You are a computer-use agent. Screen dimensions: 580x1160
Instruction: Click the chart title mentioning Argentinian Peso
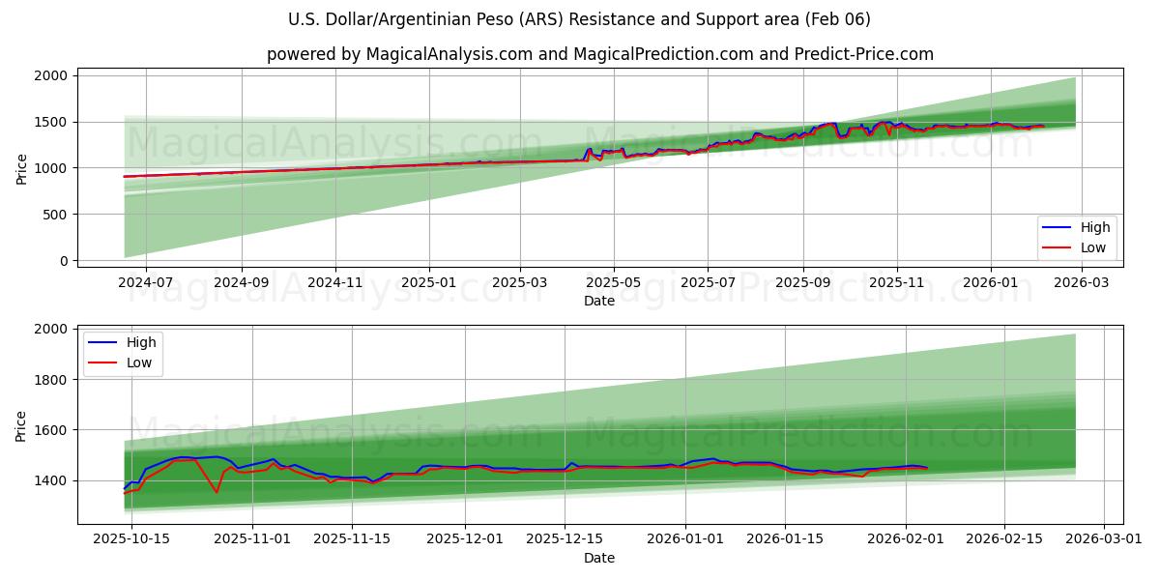[x=579, y=19]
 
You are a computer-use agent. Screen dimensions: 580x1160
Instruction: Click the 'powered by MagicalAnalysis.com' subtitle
[x=599, y=54]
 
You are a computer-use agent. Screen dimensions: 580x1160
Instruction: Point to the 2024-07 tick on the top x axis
[x=146, y=282]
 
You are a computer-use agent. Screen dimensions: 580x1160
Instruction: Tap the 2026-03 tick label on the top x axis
[x=1081, y=282]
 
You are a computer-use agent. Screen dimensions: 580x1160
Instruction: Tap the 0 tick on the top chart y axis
[x=63, y=261]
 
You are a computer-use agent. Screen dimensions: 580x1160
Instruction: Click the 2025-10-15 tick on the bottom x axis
[x=132, y=539]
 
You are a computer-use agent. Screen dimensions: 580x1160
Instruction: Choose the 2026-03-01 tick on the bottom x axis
[x=1105, y=539]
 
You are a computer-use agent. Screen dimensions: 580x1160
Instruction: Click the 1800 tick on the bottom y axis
[x=50, y=380]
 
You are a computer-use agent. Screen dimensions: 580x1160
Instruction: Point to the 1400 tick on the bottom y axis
[x=50, y=480]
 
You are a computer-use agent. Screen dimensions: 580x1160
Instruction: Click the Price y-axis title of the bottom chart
[x=21, y=424]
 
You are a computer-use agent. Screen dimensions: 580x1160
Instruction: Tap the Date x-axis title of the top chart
[x=599, y=301]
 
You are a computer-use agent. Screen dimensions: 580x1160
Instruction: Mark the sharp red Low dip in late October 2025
[x=217, y=492]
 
